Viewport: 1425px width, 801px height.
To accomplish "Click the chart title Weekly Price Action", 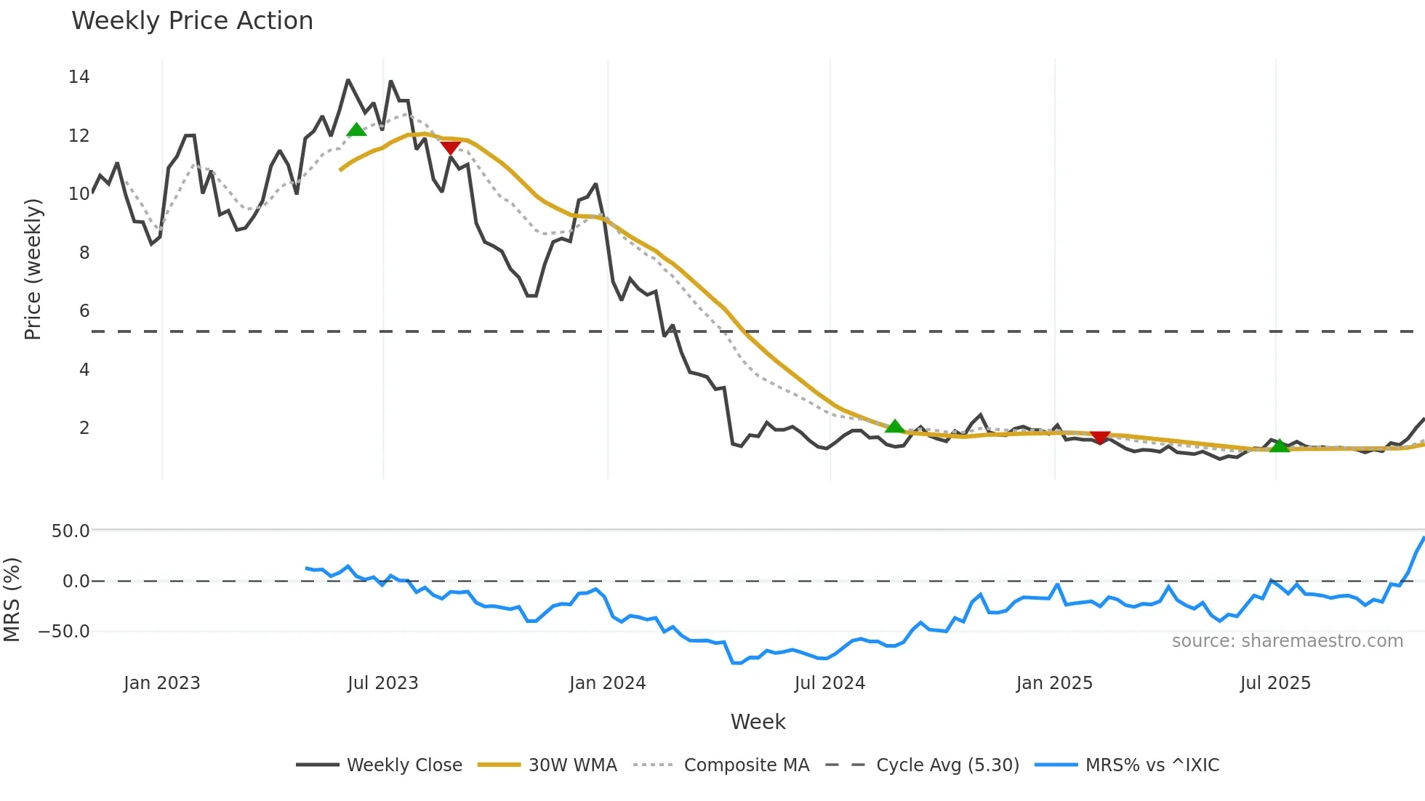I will point(192,20).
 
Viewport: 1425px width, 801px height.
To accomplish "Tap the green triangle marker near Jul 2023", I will point(356,130).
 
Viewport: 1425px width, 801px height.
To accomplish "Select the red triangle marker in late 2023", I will point(450,148).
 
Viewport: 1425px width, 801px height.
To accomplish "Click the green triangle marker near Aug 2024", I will point(895,426).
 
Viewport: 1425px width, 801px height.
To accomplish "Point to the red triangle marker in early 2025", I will point(1100,437).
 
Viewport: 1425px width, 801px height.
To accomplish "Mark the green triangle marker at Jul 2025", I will point(1279,446).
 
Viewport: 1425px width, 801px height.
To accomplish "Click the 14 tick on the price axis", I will point(79,76).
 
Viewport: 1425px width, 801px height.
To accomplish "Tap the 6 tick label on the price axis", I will point(84,310).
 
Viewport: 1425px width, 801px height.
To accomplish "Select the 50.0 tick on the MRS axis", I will point(71,531).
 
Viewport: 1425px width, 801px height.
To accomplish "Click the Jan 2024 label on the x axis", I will point(607,683).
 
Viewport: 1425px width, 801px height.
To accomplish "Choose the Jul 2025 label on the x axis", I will point(1275,683).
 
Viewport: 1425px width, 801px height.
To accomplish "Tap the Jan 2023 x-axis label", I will point(161,683).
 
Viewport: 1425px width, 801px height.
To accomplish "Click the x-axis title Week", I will point(758,722).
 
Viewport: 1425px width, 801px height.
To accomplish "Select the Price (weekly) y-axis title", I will point(33,269).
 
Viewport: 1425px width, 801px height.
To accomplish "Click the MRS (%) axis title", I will point(12,600).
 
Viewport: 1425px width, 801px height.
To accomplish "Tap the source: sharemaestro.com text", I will point(1287,641).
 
